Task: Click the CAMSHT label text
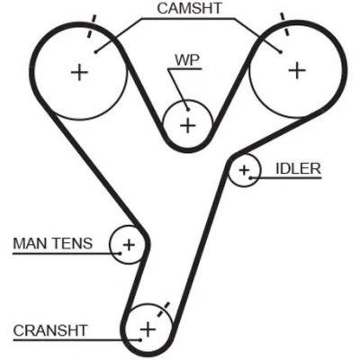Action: click(x=190, y=8)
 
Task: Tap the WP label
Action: click(x=187, y=60)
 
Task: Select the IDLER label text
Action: click(x=298, y=169)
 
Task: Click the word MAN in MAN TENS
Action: click(x=31, y=243)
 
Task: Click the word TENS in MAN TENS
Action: click(x=73, y=243)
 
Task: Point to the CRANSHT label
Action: click(x=50, y=330)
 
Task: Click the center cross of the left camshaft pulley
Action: click(x=79, y=72)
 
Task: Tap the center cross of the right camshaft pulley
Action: click(x=297, y=70)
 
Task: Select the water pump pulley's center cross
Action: click(x=188, y=125)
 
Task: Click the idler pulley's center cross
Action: click(x=244, y=170)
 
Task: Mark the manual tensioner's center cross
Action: click(x=129, y=245)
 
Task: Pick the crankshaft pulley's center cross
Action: click(x=148, y=329)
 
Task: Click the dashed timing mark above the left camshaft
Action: click(x=92, y=26)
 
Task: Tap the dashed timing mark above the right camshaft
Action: click(x=284, y=24)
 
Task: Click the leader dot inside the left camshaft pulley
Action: click(x=95, y=52)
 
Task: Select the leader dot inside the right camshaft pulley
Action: click(x=281, y=52)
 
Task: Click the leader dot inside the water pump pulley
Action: click(x=188, y=109)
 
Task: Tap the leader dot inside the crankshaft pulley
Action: click(x=139, y=340)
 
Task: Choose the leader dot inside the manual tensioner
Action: click(x=120, y=254)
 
